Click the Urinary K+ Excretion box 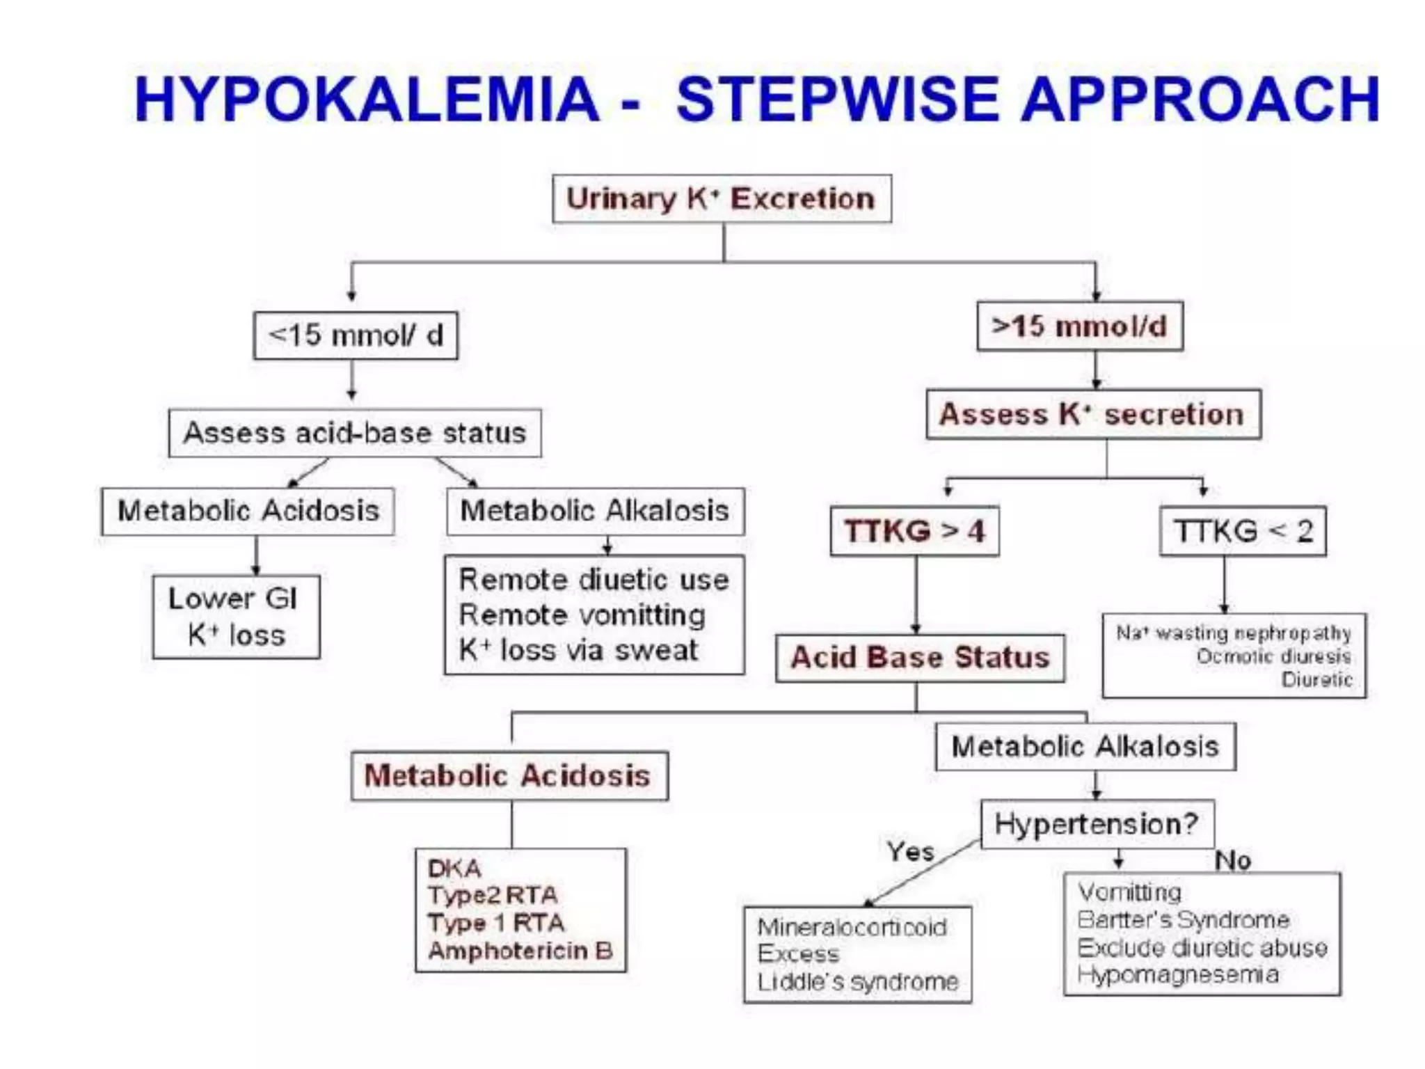722,199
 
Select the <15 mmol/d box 356,335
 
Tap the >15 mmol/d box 1079,326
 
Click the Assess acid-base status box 355,433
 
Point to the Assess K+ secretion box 1093,414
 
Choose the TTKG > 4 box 915,531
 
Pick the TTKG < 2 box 1243,531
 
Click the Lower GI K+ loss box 236,617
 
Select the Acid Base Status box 920,658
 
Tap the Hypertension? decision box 1097,824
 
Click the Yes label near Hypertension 910,851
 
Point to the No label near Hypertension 1233,861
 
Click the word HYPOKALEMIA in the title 367,100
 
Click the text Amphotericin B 520,951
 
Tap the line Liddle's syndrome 858,982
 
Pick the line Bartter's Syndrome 1183,920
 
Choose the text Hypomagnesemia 1178,974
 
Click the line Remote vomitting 582,615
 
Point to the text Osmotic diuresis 1273,656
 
